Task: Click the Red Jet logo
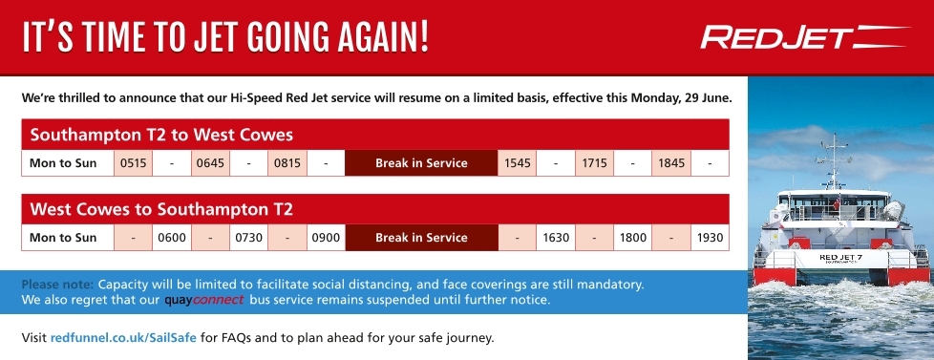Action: click(x=805, y=37)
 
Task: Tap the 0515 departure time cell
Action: click(x=134, y=163)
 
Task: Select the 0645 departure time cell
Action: click(x=210, y=163)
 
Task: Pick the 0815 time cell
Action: click(x=287, y=163)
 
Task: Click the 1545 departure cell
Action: click(x=517, y=163)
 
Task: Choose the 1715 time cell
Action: click(x=594, y=163)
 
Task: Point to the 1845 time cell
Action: click(x=671, y=163)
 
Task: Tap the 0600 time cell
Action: click(x=172, y=238)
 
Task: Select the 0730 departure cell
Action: click(x=248, y=238)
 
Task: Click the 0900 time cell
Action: click(x=326, y=238)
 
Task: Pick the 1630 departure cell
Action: click(x=556, y=238)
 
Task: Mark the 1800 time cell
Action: click(x=632, y=238)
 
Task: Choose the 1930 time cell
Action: click(x=710, y=238)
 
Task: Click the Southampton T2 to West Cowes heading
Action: click(x=161, y=135)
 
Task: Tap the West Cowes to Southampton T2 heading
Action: click(x=161, y=209)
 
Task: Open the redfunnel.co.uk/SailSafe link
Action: click(x=123, y=338)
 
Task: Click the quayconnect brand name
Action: click(x=203, y=300)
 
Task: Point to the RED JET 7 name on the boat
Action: click(x=840, y=258)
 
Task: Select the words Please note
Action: click(x=58, y=285)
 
